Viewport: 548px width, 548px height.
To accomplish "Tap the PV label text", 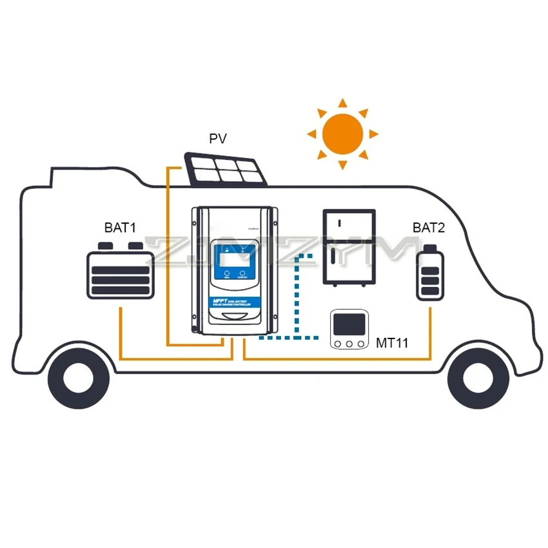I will pyautogui.click(x=218, y=139).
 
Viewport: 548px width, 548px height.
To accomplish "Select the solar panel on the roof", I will pyautogui.click(x=225, y=170).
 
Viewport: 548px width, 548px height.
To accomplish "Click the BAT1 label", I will pyautogui.click(x=120, y=228).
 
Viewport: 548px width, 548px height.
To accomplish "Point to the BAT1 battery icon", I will pyautogui.click(x=121, y=271).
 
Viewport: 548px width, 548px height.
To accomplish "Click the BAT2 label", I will pyautogui.click(x=429, y=228).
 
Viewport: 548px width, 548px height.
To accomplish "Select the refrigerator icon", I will pyautogui.click(x=348, y=247).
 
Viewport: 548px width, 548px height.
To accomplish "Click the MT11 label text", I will pyautogui.click(x=392, y=343).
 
